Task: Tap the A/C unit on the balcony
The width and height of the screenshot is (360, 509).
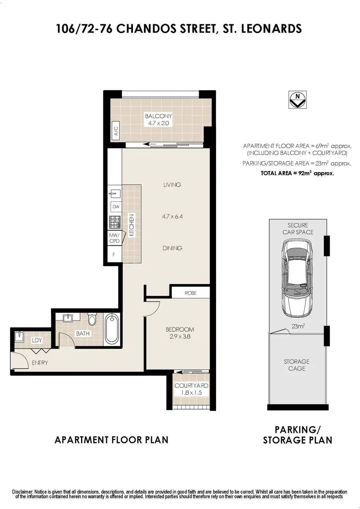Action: click(116, 130)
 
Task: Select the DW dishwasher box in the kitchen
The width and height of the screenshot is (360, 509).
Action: click(115, 207)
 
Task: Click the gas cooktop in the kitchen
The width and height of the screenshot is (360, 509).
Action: click(115, 223)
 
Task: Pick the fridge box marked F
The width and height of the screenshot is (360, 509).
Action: click(114, 255)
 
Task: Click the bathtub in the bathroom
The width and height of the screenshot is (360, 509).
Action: click(111, 328)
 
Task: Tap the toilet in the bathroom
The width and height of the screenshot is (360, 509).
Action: click(93, 319)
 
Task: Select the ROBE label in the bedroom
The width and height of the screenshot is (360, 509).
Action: click(191, 292)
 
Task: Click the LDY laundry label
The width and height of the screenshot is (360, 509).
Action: click(36, 340)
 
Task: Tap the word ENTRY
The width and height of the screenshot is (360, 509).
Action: click(39, 363)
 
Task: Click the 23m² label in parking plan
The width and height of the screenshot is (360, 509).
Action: click(298, 327)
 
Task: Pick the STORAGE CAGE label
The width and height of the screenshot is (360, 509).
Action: click(296, 365)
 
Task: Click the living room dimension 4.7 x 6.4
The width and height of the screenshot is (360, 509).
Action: click(172, 216)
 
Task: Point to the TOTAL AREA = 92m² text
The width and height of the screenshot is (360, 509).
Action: click(297, 174)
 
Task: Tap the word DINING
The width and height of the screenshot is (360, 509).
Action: click(172, 248)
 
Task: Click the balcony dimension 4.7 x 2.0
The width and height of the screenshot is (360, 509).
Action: click(158, 123)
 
